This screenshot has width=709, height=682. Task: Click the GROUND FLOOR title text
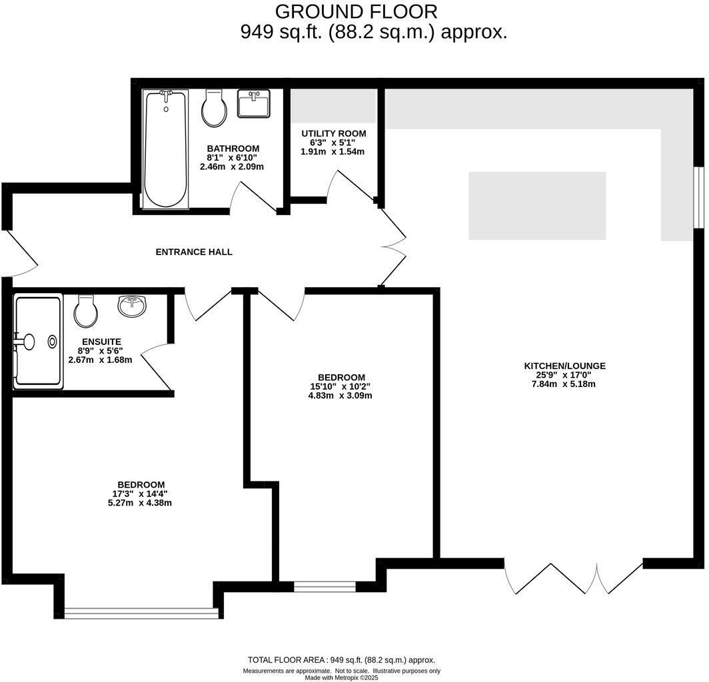click(356, 11)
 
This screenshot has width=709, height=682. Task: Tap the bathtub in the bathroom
click(166, 149)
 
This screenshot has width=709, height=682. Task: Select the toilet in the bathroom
click(215, 109)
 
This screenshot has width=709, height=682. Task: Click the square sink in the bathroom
click(253, 104)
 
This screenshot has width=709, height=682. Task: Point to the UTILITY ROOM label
click(333, 134)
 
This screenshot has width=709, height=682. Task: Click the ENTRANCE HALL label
click(194, 252)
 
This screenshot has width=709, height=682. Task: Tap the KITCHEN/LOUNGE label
click(564, 366)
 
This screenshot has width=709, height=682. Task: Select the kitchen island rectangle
click(537, 206)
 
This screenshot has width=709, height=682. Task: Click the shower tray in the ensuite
click(38, 341)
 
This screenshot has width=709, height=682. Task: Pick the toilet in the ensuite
click(86, 311)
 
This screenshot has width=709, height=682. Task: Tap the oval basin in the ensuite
click(133, 306)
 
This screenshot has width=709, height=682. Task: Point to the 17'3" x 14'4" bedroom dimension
click(140, 494)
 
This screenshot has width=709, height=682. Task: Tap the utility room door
click(353, 186)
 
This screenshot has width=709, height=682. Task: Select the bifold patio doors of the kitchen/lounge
click(573, 578)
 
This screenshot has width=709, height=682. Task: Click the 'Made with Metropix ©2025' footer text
click(341, 677)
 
